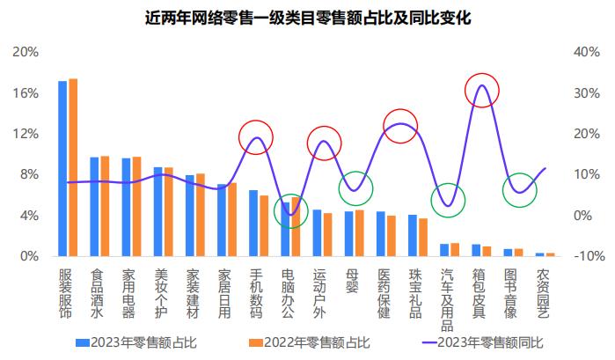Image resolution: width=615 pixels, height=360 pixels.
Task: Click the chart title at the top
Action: pos(307,18)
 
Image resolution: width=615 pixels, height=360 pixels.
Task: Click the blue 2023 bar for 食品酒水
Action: pos(94,207)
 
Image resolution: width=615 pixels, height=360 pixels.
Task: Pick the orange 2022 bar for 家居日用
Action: pos(232,220)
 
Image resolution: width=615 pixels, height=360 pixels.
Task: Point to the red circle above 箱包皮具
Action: pos(481,91)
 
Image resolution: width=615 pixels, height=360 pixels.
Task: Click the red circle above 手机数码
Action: pos(256,138)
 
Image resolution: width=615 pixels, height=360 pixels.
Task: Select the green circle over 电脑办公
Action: pos(290,212)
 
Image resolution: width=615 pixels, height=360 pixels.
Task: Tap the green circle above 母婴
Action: pos(356,187)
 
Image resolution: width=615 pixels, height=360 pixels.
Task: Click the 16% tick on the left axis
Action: pos(26,92)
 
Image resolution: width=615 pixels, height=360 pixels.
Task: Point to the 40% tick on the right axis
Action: pos(586,52)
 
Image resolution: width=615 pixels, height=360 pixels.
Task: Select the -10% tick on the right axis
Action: pos(586,256)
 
